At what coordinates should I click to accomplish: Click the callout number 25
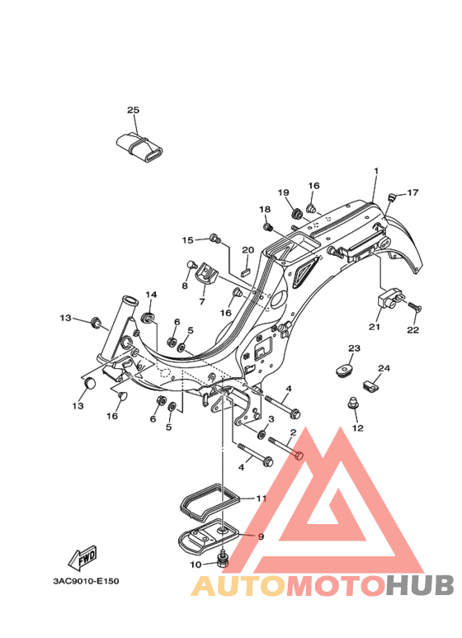point(133,110)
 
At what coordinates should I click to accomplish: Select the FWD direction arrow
point(82,557)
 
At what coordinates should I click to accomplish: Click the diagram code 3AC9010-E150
point(87,581)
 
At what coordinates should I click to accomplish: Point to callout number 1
point(376,171)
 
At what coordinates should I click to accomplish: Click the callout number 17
point(412,192)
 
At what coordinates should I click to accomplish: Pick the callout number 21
point(375,326)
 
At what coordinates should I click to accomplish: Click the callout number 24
point(384,368)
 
